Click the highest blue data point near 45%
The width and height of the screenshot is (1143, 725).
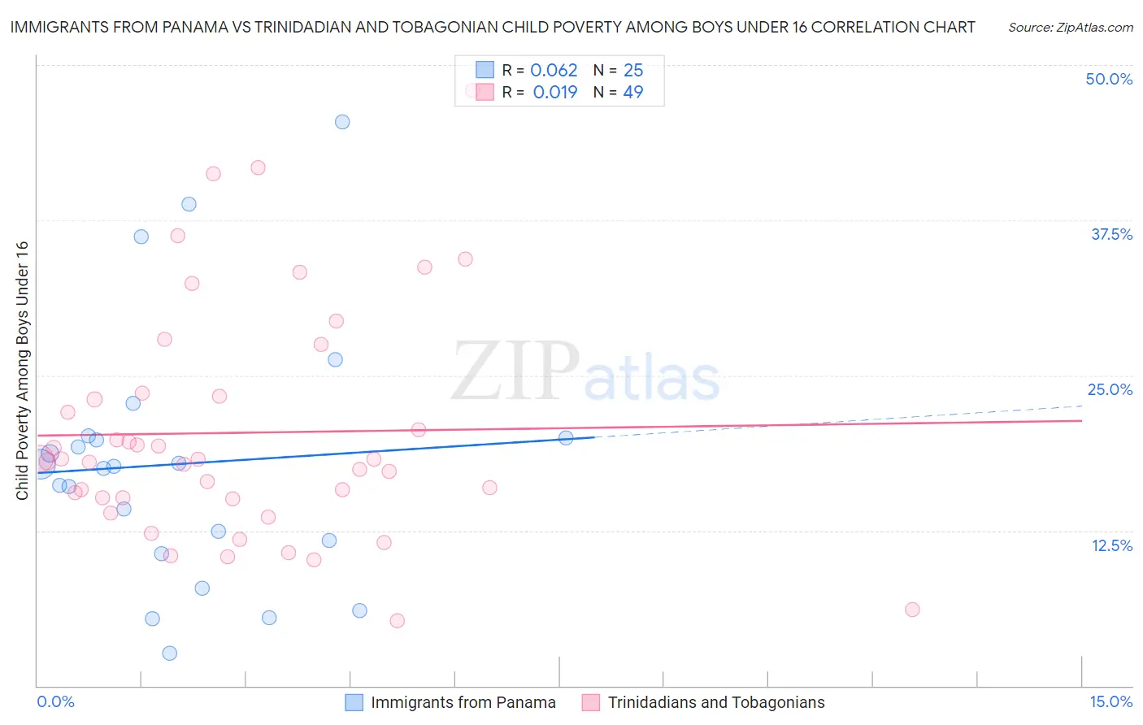tap(342, 122)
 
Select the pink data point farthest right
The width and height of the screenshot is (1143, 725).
tap(912, 610)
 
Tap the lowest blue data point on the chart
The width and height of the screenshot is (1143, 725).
tap(169, 653)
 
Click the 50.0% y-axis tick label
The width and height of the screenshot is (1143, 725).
tap(1109, 79)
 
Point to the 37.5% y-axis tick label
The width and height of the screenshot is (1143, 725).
tap(1111, 234)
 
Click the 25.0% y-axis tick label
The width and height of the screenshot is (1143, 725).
tap(1110, 389)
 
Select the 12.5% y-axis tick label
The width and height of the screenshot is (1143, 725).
tap(1111, 545)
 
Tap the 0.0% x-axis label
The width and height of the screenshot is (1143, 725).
tap(55, 701)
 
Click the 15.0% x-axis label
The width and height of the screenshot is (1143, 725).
tap(1110, 701)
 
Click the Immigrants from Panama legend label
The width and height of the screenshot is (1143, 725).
tap(463, 702)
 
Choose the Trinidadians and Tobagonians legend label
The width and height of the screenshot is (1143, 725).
tap(716, 702)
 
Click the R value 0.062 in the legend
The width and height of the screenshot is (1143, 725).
tap(554, 71)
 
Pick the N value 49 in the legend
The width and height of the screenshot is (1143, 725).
tap(632, 92)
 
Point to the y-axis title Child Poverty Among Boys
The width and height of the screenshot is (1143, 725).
tap(22, 371)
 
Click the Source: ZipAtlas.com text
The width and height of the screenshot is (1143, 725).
tap(1070, 27)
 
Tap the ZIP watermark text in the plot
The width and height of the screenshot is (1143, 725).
tap(515, 372)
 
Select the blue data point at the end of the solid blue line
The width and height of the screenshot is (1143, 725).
tap(566, 437)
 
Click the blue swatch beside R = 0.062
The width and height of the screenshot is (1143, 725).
tap(485, 70)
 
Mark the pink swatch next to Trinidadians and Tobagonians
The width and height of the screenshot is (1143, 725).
tap(591, 702)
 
